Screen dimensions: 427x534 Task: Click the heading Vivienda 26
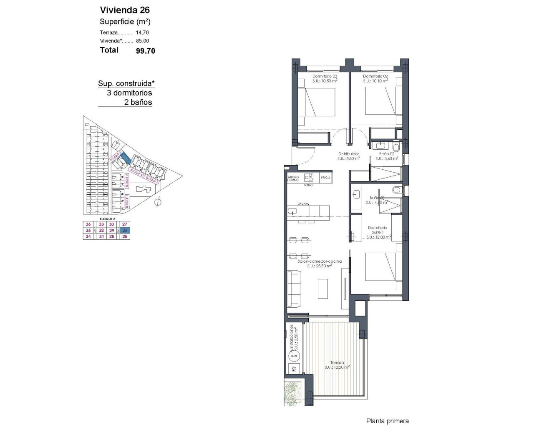pyautogui.click(x=125, y=10)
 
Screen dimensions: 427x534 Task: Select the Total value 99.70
pyautogui.click(x=146, y=51)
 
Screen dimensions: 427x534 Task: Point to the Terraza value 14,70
pyautogui.click(x=142, y=33)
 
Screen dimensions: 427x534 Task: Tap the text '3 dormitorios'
pyautogui.click(x=129, y=93)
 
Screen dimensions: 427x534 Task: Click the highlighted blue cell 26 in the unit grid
pyautogui.click(x=125, y=230)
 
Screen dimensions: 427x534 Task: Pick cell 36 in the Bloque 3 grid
pyautogui.click(x=88, y=224)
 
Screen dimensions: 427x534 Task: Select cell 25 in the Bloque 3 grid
pyautogui.click(x=125, y=236)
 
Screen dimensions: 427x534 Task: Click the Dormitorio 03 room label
pyautogui.click(x=325, y=76)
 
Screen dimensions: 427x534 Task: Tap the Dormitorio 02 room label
pyautogui.click(x=375, y=76)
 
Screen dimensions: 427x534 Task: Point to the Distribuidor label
pyautogui.click(x=348, y=154)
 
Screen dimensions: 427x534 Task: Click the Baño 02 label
pyautogui.click(x=387, y=154)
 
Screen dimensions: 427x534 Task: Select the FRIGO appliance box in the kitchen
pyautogui.click(x=325, y=178)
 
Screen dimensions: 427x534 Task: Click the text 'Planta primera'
pyautogui.click(x=387, y=421)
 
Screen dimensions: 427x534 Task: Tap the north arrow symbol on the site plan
pyautogui.click(x=158, y=203)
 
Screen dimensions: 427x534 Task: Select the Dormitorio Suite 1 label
pyautogui.click(x=377, y=230)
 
